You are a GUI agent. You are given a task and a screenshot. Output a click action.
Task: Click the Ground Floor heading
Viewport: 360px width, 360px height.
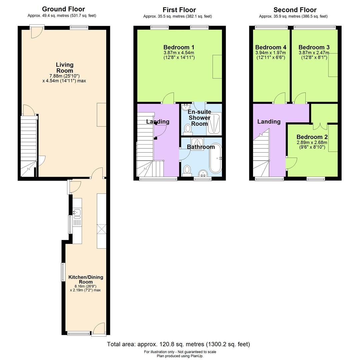coord(63,9)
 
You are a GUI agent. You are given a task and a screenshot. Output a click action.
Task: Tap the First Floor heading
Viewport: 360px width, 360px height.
coord(179,10)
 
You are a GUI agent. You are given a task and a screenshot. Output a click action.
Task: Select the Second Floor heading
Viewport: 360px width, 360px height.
coord(295,10)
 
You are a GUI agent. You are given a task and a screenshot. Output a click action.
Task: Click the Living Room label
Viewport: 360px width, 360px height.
coord(64,68)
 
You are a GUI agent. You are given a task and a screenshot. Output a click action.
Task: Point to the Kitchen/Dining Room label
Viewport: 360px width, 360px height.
coord(86,279)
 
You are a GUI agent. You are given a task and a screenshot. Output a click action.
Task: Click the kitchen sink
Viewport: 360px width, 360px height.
coord(77,212)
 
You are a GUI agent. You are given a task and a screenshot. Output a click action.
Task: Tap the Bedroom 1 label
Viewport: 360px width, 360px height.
coord(179,47)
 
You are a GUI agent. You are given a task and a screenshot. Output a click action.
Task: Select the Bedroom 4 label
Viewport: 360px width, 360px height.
coord(271,47)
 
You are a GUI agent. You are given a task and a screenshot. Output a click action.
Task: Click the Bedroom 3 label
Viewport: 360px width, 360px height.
coord(314,47)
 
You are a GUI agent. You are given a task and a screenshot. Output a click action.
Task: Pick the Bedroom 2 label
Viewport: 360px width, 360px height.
coord(312,137)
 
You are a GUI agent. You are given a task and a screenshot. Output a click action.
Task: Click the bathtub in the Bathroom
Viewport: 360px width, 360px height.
coord(215,158)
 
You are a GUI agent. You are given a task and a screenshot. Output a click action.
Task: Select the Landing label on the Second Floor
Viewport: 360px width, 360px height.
coord(269,122)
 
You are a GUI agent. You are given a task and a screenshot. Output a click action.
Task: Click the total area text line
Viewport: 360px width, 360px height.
coord(178,344)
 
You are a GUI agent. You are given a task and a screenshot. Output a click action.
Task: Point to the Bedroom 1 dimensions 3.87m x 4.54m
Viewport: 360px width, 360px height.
coord(179,53)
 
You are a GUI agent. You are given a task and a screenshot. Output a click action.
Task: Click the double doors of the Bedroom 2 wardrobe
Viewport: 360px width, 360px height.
coord(320,126)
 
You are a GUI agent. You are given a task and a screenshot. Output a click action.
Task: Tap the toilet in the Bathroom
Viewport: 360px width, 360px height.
coord(187,170)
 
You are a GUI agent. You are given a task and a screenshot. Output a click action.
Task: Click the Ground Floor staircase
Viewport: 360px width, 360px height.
coord(29,143)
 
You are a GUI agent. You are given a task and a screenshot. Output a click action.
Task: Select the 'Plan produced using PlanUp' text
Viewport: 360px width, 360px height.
coord(180,356)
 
